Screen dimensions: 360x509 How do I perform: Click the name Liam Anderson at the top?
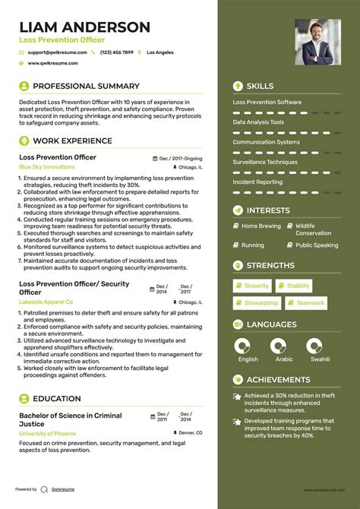coord(84,27)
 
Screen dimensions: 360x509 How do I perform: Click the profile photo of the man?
coord(317,42)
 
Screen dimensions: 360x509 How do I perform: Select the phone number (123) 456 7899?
coord(116,52)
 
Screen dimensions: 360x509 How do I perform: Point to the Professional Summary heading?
coord(86,86)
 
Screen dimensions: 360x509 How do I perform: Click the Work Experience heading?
coord(72,141)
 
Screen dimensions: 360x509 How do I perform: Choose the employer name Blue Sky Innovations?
coord(47,166)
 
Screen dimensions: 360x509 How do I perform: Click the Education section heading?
coord(56,398)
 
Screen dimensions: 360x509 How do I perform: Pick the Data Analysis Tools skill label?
coord(258,122)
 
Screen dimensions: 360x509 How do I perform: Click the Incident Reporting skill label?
coord(257,182)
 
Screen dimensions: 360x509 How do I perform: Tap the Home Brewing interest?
coord(261,226)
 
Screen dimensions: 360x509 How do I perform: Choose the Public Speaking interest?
coord(317,245)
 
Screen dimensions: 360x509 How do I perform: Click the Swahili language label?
coord(320,359)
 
